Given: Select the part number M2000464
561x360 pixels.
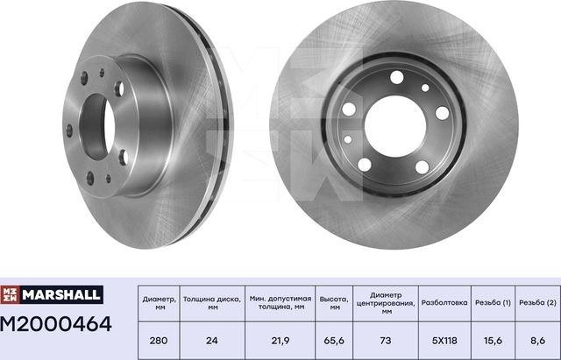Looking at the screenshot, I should [x=58, y=323].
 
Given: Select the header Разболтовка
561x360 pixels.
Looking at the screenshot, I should [x=445, y=302].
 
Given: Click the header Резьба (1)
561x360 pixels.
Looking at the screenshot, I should [x=494, y=302].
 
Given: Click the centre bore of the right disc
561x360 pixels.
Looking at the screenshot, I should [x=394, y=124].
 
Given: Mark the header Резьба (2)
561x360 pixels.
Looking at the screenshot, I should [x=536, y=302].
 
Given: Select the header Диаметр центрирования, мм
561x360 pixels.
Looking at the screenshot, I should [x=386, y=303].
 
